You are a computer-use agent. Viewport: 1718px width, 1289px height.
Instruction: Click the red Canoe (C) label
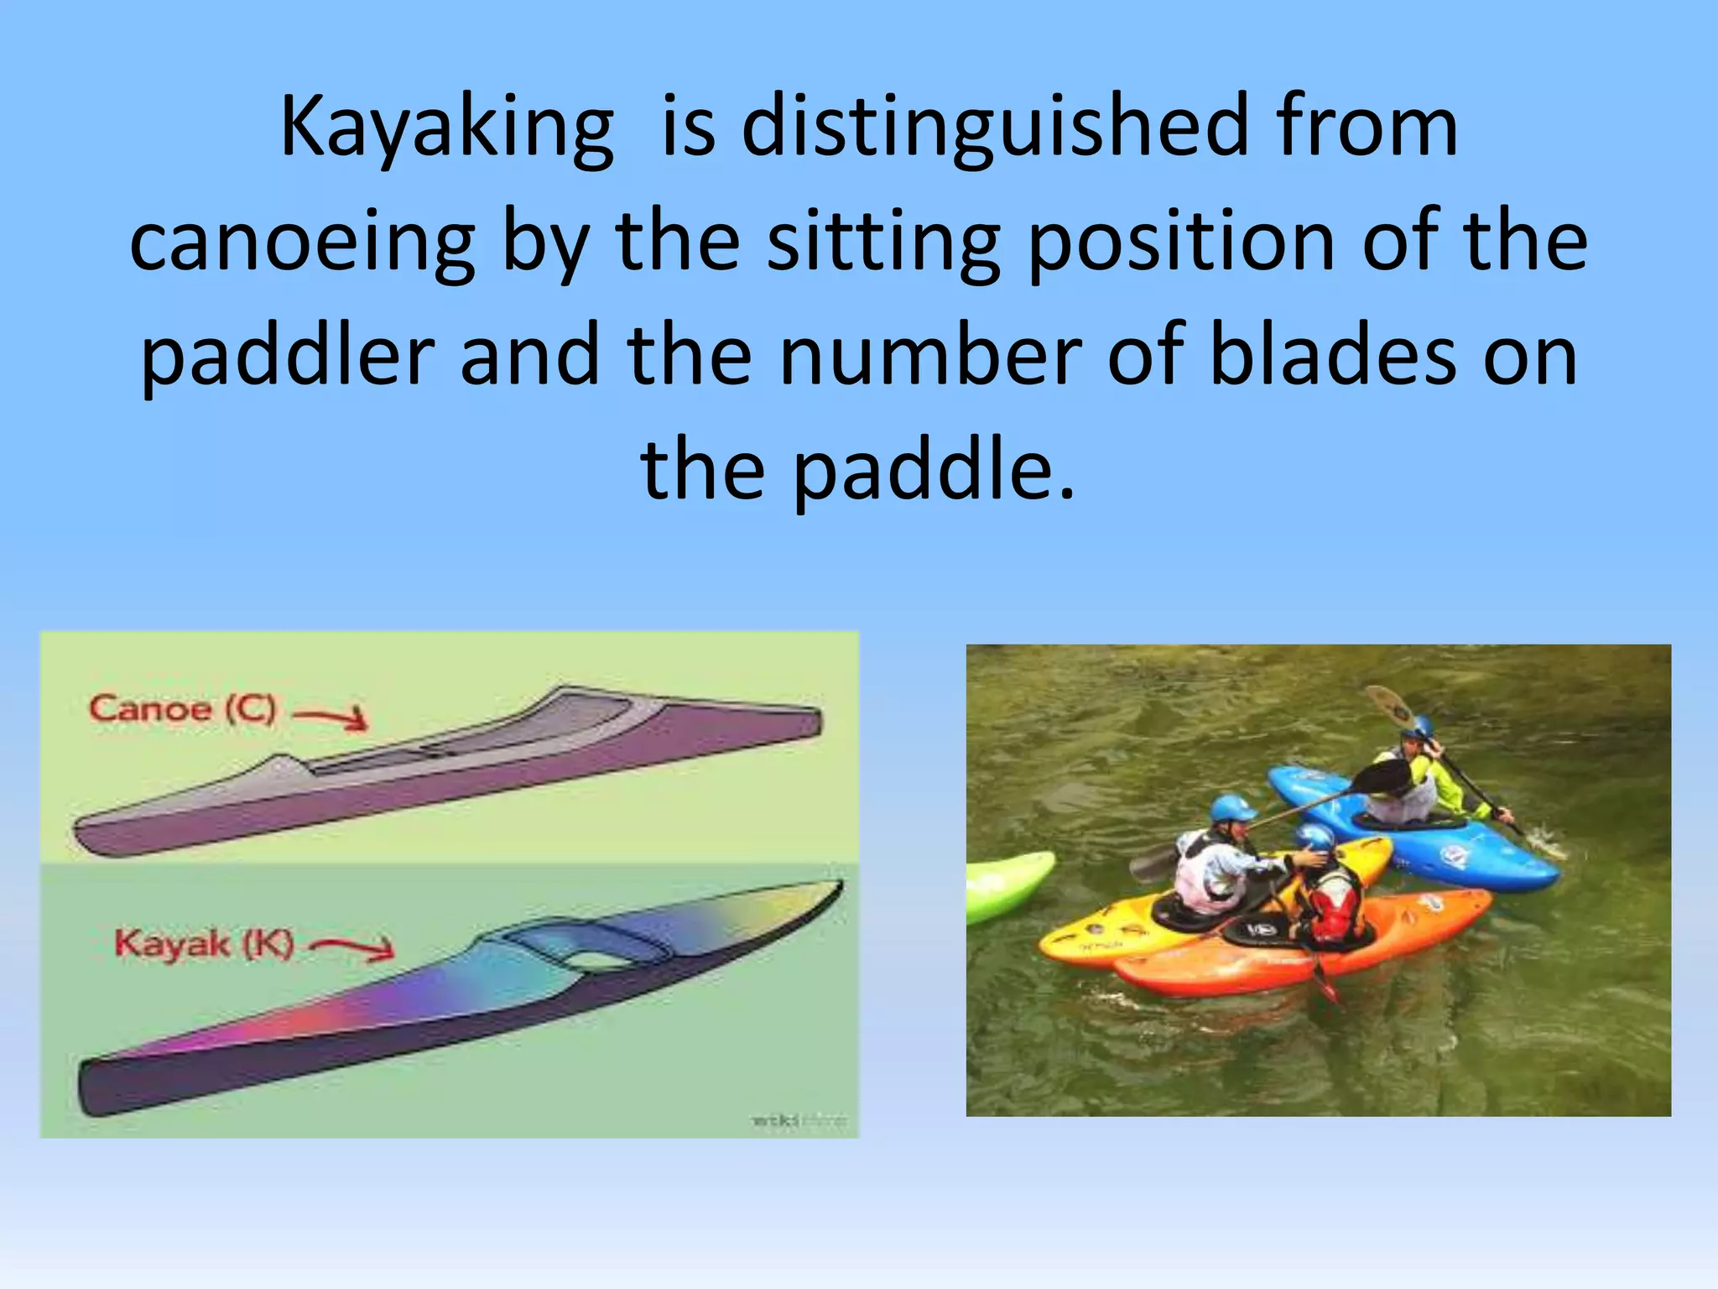[182, 709]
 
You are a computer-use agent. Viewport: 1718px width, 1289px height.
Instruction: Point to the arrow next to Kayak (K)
[352, 948]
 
